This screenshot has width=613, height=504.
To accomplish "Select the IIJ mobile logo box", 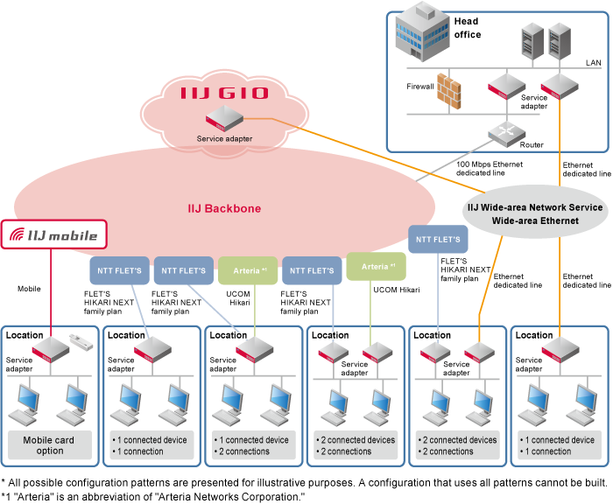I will click(56, 234).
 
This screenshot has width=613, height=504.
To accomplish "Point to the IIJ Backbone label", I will click(225, 209).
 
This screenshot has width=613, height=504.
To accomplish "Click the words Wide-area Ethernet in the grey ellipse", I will click(534, 220).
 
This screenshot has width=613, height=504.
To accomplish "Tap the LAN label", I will click(593, 63).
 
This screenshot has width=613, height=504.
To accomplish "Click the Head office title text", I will click(467, 28).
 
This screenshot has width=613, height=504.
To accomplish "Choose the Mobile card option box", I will click(50, 444).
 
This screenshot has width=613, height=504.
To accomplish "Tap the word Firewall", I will click(420, 87).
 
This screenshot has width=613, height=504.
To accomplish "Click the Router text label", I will click(532, 145).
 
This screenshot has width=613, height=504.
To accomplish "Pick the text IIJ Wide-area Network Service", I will click(534, 207).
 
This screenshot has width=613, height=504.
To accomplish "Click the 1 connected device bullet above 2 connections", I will click(253, 440).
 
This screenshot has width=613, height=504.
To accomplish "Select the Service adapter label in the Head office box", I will click(533, 102).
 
